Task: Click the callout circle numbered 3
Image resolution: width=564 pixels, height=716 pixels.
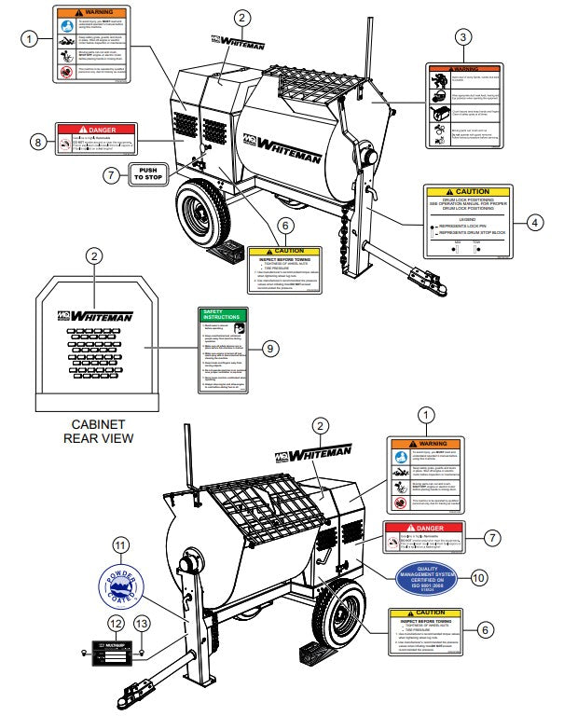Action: pyautogui.click(x=463, y=37)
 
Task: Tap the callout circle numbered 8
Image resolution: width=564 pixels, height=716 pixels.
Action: pyautogui.click(x=37, y=142)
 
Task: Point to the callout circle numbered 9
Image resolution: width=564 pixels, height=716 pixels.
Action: pyautogui.click(x=269, y=348)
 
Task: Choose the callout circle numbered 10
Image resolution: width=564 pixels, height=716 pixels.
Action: pyautogui.click(x=479, y=578)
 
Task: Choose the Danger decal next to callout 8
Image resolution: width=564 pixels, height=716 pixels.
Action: pyautogui.click(x=96, y=141)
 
